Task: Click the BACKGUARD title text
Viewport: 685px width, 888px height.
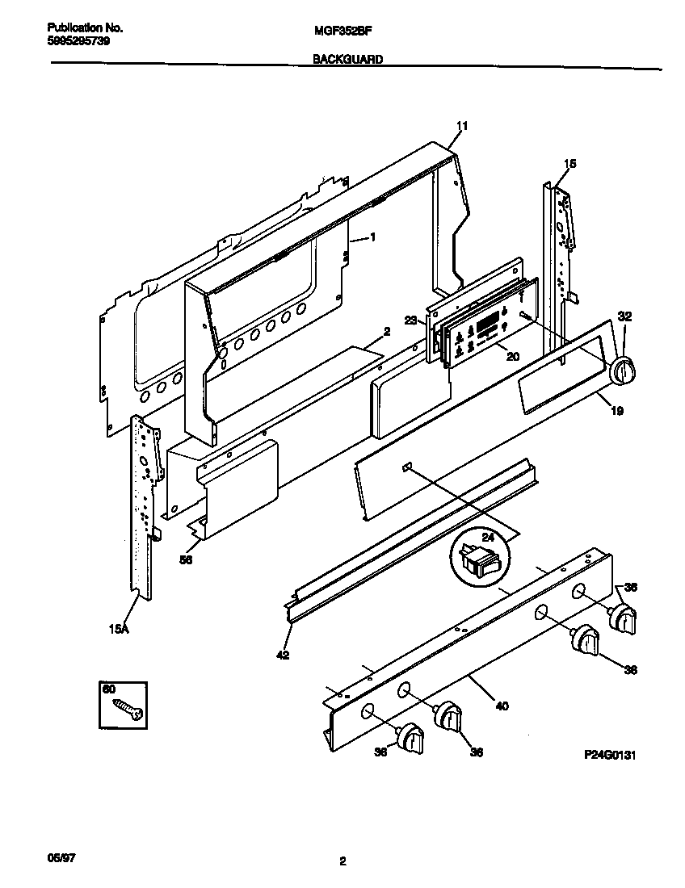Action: (347, 59)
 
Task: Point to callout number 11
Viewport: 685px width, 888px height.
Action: (462, 126)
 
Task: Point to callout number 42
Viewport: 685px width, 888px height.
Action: (281, 656)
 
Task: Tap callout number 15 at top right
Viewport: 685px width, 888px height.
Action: (569, 164)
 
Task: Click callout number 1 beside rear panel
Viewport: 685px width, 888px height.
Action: (373, 237)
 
